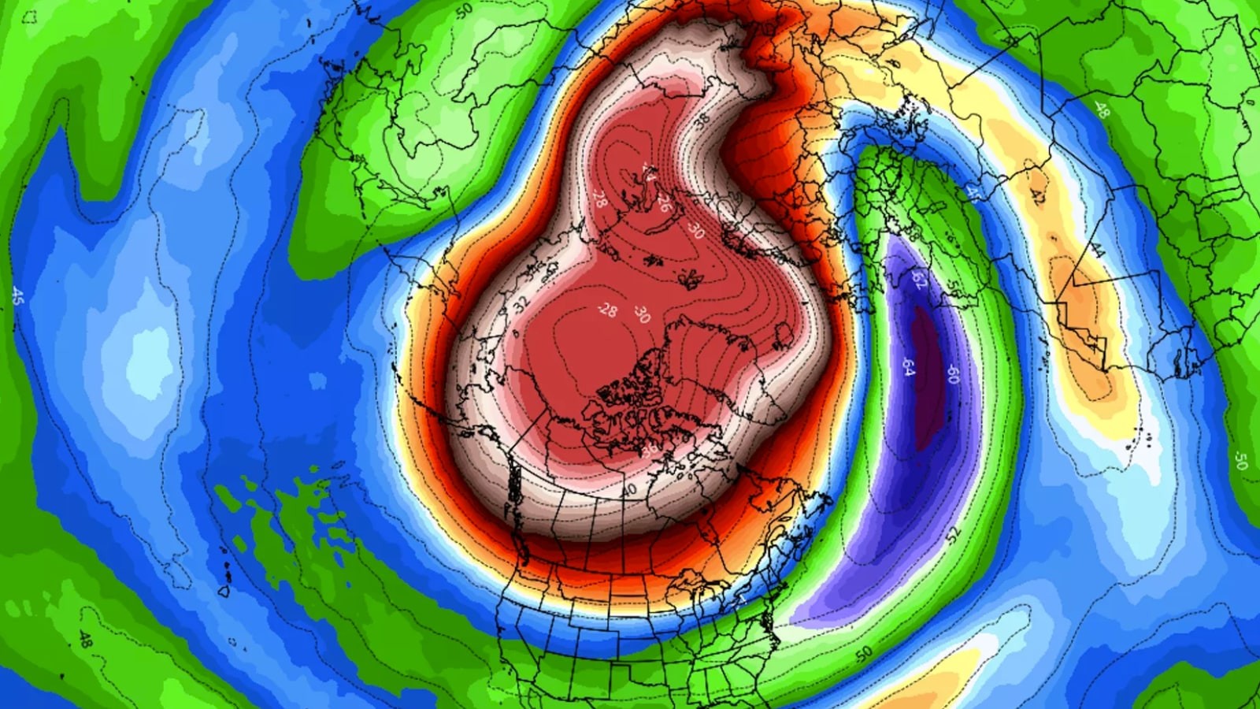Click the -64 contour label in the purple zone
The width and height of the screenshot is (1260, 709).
(908, 367)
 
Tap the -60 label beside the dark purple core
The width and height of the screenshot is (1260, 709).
(952, 373)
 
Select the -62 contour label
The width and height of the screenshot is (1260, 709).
(918, 280)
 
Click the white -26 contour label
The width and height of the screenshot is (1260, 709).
(664, 202)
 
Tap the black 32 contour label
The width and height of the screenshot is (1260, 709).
(521, 305)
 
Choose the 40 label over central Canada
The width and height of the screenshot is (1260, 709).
(628, 490)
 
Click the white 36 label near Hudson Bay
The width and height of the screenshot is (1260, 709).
(650, 451)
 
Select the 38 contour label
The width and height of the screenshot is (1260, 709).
(702, 121)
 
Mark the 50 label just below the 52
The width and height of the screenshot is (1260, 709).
(865, 654)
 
